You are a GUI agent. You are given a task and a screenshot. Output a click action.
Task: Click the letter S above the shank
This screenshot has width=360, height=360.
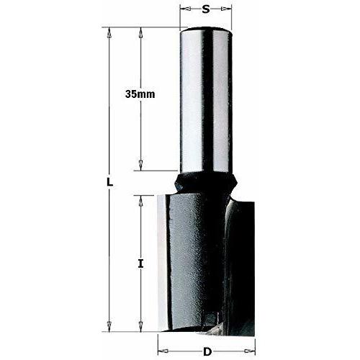(206, 10)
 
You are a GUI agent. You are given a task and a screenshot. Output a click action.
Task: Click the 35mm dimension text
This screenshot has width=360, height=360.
(140, 94)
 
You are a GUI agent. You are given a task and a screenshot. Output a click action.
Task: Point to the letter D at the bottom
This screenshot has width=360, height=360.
(207, 351)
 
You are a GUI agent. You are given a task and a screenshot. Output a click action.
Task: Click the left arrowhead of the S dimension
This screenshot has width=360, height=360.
(183, 10)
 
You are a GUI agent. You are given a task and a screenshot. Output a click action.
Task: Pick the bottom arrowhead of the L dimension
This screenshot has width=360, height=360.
(109, 325)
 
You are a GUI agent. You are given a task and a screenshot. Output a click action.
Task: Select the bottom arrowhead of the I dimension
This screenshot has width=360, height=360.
(141, 325)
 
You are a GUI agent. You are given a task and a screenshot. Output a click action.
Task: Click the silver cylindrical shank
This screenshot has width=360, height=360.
(206, 101)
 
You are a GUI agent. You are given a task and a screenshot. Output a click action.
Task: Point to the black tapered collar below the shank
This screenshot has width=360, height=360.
(206, 182)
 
